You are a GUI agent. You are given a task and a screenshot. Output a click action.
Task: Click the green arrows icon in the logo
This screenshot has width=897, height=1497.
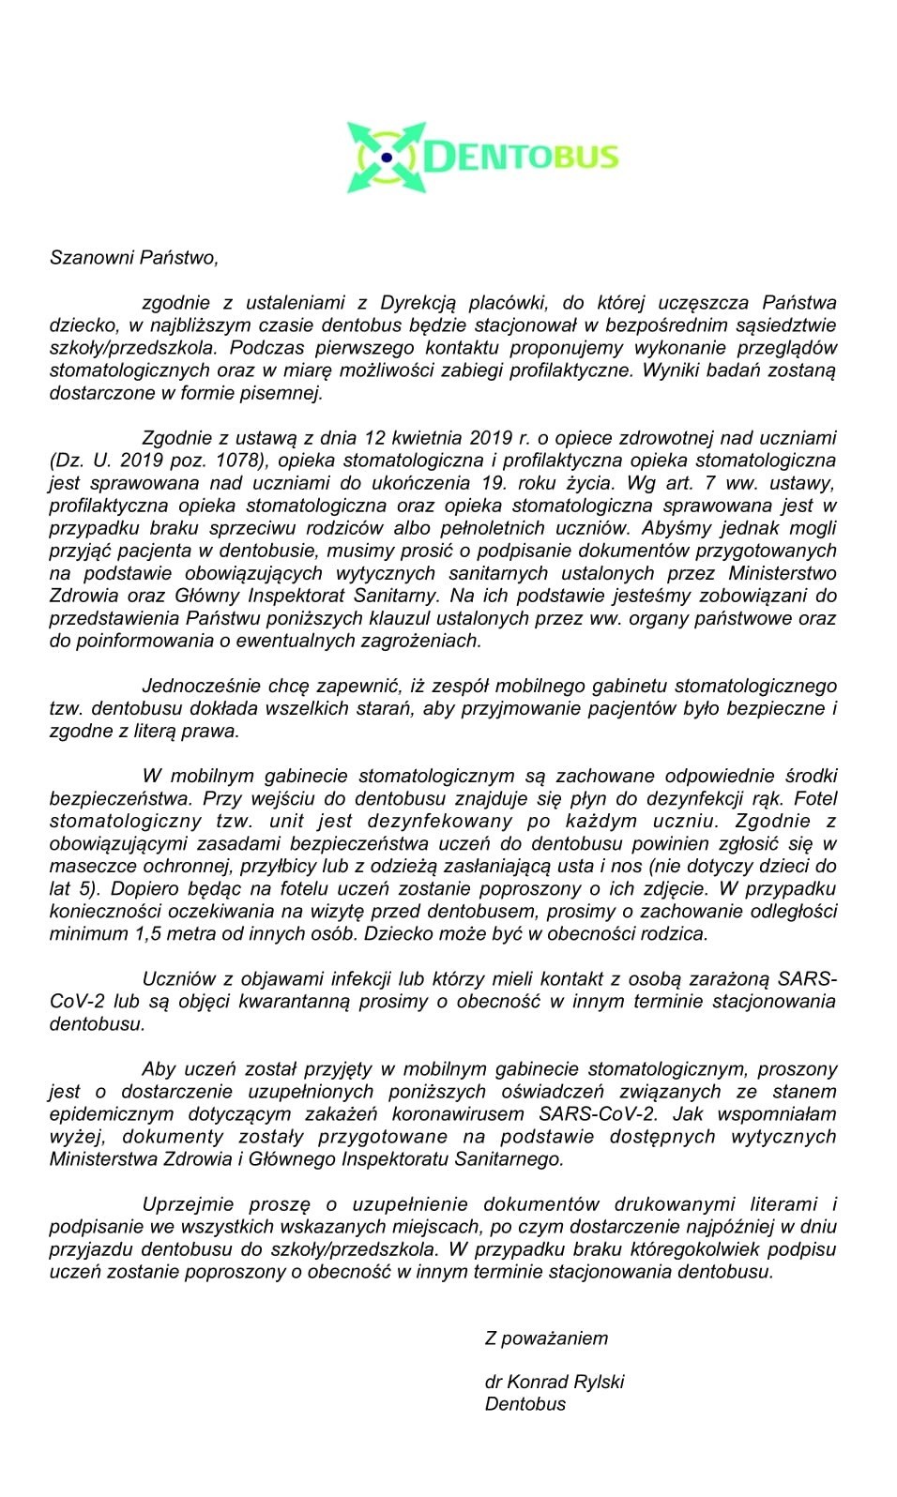point(387,157)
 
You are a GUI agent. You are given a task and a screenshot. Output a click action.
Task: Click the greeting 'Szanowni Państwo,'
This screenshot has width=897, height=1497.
point(133,257)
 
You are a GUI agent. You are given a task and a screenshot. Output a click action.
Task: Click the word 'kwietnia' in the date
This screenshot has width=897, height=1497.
point(421,437)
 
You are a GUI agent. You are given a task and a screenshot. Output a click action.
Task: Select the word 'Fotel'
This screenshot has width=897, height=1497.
point(813,798)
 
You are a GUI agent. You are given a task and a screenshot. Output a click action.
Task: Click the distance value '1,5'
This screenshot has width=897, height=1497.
point(137,933)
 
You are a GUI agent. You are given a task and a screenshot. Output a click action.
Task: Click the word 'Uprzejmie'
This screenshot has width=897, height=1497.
point(183,1203)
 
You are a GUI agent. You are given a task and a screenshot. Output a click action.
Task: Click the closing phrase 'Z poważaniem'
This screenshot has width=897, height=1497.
point(546,1338)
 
